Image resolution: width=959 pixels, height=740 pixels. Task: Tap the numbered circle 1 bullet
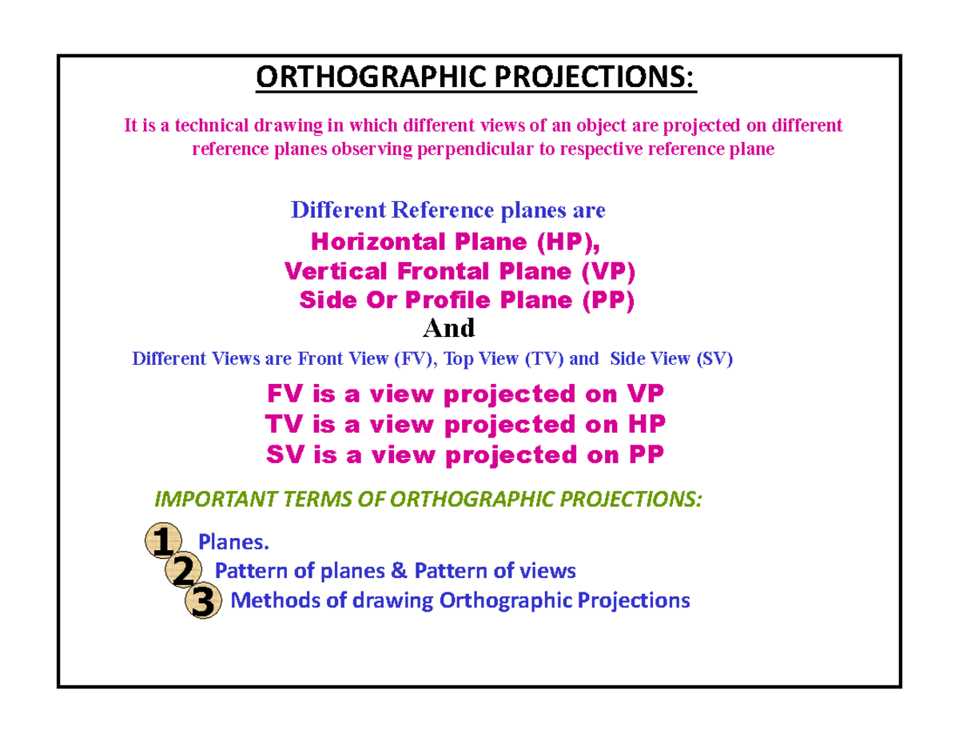click(x=163, y=544)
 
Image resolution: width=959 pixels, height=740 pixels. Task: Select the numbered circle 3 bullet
click(x=203, y=601)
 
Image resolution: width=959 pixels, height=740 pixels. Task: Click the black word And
click(x=448, y=328)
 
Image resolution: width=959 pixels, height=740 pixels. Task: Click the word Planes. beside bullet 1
click(x=234, y=543)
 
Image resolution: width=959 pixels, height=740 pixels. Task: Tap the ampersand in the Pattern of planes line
click(x=400, y=572)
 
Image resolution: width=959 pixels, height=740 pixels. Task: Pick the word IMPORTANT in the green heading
click(x=204, y=500)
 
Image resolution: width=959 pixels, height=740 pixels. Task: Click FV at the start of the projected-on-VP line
click(x=280, y=394)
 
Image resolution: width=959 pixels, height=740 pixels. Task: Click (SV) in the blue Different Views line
click(x=715, y=359)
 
